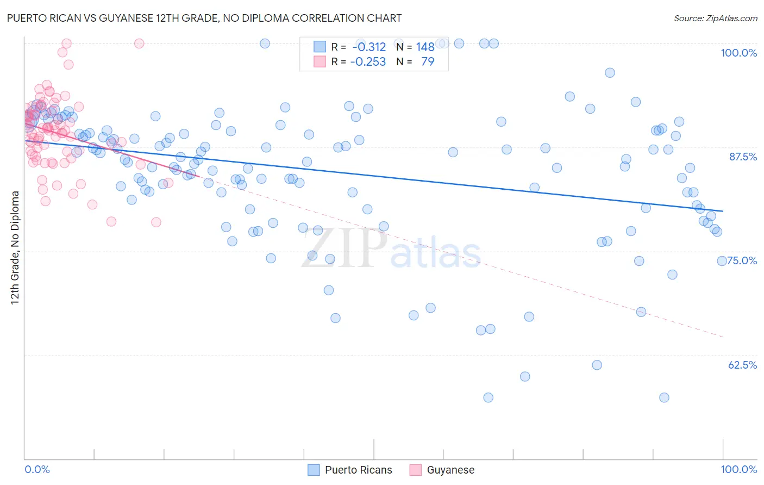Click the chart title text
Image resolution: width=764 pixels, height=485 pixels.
[204, 18]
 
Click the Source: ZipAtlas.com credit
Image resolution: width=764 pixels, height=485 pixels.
[715, 18]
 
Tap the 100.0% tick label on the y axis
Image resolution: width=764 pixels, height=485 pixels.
[738, 53]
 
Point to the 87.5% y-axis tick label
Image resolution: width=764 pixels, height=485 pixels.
[743, 157]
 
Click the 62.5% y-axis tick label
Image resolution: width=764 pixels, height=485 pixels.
[742, 365]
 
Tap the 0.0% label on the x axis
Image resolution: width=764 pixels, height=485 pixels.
[37, 469]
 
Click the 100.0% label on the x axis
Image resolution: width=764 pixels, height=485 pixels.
[738, 469]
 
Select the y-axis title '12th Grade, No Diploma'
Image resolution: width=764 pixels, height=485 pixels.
[15, 247]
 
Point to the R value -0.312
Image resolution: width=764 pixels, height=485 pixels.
[368, 47]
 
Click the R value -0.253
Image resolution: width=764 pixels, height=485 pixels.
[368, 61]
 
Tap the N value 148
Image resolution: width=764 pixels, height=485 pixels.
[425, 47]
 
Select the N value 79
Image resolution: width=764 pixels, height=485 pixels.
[428, 61]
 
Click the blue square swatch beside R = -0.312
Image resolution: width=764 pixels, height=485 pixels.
[320, 47]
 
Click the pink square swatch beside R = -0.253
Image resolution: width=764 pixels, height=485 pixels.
[320, 61]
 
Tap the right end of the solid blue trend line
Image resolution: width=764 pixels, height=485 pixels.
[723, 211]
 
